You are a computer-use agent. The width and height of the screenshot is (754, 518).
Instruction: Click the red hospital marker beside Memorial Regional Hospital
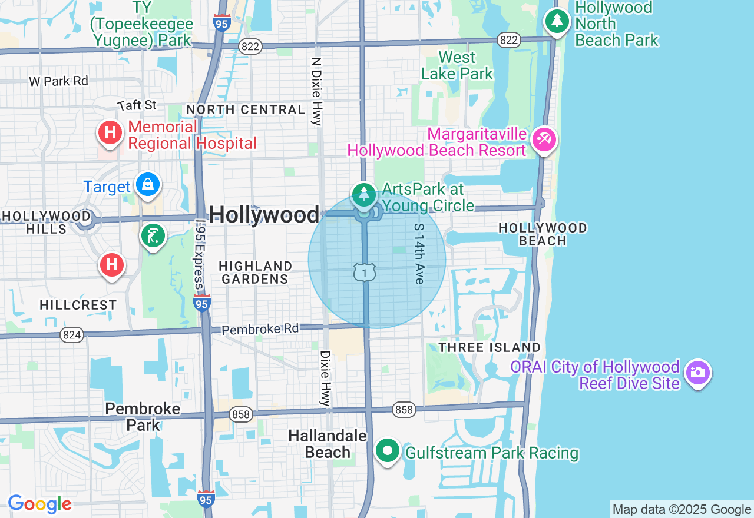click(x=110, y=133)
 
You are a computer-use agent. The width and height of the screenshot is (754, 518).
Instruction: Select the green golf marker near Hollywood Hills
click(x=153, y=236)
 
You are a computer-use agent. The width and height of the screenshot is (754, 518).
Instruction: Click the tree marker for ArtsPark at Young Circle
click(x=364, y=194)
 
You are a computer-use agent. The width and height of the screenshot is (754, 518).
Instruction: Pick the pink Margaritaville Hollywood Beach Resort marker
click(x=544, y=140)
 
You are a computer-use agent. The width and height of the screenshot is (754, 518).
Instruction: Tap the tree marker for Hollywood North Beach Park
click(x=557, y=21)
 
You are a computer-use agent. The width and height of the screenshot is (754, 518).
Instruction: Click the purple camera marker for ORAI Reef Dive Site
click(x=698, y=373)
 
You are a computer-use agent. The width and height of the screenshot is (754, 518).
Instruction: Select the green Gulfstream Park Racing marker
click(x=388, y=451)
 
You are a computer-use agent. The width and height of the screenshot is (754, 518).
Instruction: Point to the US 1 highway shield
click(x=365, y=272)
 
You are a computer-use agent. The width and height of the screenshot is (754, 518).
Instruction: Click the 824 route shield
click(x=72, y=335)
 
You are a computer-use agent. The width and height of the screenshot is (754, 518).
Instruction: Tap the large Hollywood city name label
click(x=264, y=214)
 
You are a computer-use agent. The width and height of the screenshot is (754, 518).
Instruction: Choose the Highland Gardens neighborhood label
click(x=255, y=273)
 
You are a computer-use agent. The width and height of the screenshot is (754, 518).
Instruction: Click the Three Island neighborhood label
click(x=490, y=347)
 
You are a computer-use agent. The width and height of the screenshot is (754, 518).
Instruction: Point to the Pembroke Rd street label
click(x=260, y=328)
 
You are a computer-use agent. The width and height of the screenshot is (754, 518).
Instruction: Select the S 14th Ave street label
click(x=419, y=253)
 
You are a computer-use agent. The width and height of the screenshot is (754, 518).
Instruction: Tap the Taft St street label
click(x=137, y=105)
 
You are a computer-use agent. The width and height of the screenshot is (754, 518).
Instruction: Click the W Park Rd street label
click(x=58, y=81)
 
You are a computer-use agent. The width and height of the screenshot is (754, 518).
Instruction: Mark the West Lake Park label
click(x=457, y=65)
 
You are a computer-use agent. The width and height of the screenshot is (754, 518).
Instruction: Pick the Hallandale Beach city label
click(x=328, y=444)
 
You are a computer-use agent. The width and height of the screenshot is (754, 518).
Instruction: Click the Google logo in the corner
click(x=39, y=504)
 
